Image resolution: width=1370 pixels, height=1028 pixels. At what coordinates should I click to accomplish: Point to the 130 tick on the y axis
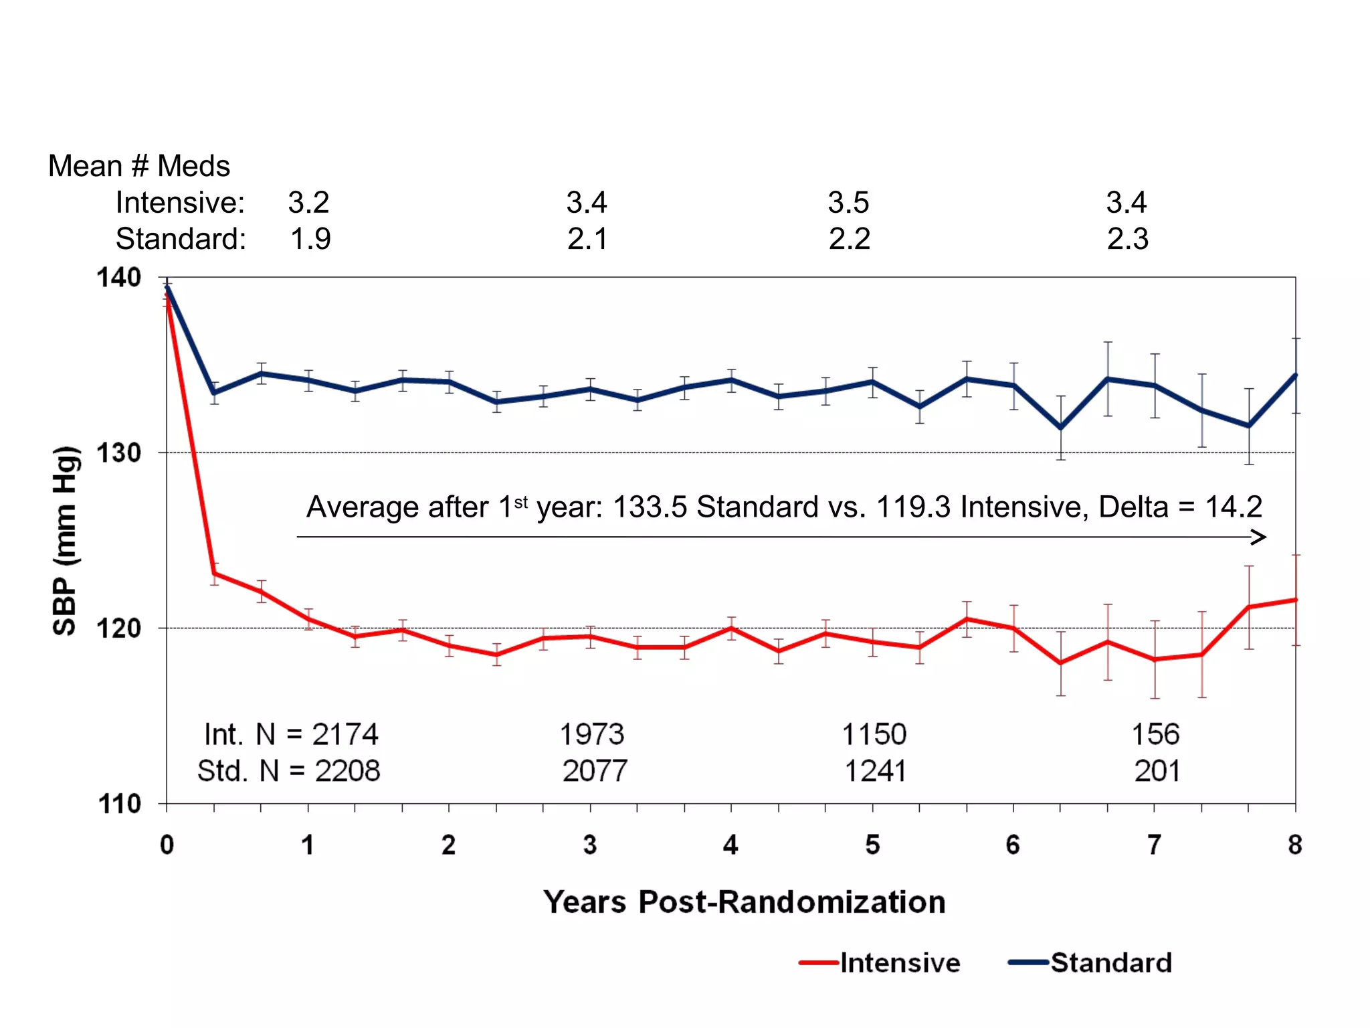coord(119,453)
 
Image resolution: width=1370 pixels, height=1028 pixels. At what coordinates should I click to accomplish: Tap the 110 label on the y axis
coord(119,803)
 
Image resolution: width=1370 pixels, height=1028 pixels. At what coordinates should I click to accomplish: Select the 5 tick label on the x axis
coord(872,845)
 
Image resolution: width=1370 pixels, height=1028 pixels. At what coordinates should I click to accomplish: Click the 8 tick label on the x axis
coord(1295,845)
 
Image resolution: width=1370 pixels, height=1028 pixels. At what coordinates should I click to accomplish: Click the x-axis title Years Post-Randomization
coord(744,902)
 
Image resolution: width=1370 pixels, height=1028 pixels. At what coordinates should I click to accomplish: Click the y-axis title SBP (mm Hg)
coord(66,540)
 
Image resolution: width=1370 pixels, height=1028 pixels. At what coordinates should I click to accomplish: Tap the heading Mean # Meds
coord(139,166)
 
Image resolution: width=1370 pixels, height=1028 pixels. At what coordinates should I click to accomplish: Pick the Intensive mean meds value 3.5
coord(848,203)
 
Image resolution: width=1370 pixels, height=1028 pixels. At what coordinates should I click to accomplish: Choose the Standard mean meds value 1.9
coord(310,239)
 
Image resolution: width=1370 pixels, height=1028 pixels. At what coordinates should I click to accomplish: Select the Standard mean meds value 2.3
coord(1128,239)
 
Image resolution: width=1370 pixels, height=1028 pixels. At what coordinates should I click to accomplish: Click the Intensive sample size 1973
coord(592,735)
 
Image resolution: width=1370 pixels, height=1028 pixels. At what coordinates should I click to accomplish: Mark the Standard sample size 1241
coord(875,771)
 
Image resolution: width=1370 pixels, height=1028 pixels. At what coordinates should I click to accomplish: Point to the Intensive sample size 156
coord(1155,735)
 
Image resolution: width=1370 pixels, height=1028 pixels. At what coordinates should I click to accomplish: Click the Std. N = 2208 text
coord(289,771)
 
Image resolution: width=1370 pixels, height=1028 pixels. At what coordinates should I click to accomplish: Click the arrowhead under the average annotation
coord(1259,537)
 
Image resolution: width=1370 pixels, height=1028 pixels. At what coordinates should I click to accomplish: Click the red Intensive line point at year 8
coord(1295,600)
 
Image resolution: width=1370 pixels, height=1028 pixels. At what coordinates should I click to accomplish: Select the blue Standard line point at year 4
coord(731,380)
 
